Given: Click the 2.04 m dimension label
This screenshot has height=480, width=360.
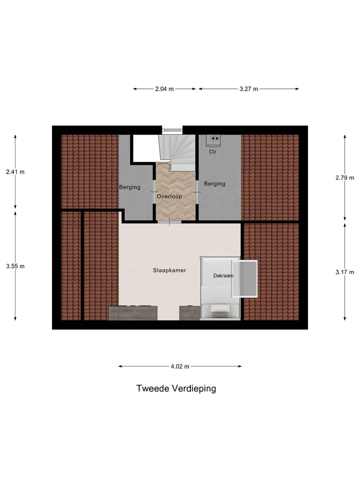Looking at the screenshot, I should click(x=164, y=89).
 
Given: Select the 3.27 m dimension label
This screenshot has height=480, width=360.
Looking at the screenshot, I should click(x=248, y=89).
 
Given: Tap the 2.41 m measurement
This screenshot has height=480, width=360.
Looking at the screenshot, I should click(x=15, y=172).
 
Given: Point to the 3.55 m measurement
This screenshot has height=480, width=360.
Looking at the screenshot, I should click(x=15, y=266).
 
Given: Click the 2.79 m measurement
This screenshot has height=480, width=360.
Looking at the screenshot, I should click(x=345, y=177).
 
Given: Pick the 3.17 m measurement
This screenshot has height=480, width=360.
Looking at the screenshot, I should click(x=345, y=272).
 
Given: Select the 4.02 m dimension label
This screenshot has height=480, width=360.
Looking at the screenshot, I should click(x=180, y=366).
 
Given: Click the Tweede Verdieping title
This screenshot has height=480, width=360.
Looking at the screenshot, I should click(x=176, y=388).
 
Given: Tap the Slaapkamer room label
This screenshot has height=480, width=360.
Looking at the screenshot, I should click(x=169, y=270).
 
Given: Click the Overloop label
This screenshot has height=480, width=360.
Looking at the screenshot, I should click(x=169, y=197).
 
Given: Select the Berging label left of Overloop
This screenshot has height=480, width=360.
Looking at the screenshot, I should click(x=129, y=187).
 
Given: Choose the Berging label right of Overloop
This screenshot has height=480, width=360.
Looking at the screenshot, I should click(x=214, y=184).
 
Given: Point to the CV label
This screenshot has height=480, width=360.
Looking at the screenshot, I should click(x=212, y=151).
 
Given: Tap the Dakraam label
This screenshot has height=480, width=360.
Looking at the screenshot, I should click(x=223, y=275).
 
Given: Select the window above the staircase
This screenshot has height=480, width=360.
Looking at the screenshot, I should click(x=171, y=130).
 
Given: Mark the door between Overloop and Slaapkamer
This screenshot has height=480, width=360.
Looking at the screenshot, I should click(x=169, y=221).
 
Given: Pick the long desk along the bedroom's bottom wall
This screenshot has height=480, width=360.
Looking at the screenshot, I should click(x=133, y=313).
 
